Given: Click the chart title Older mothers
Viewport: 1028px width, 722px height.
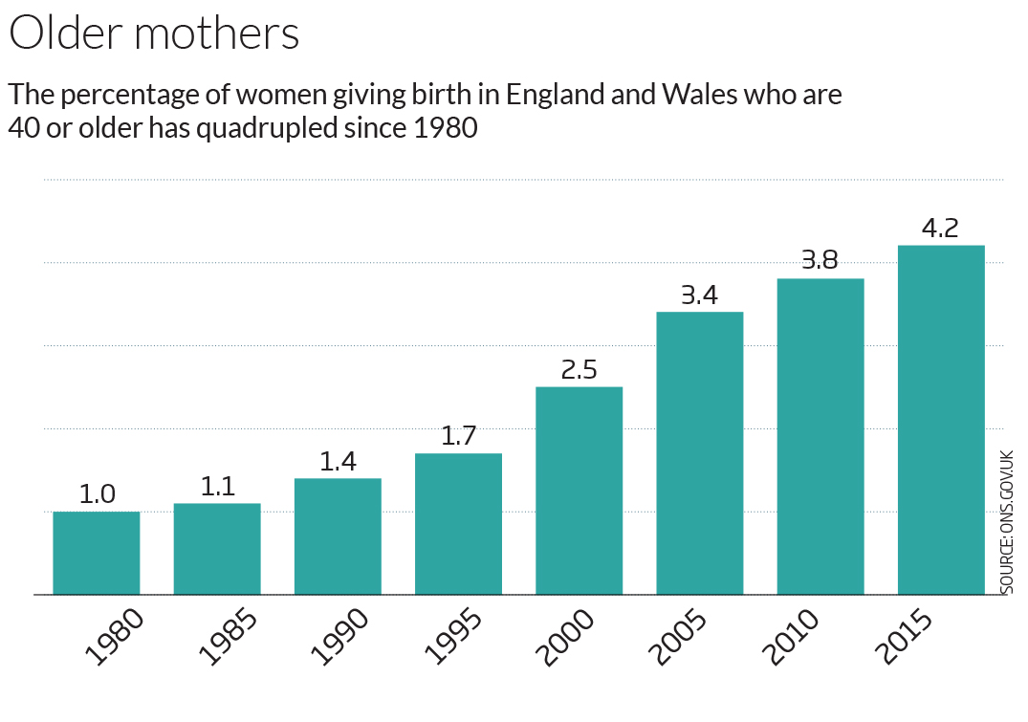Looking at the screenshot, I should (x=154, y=33).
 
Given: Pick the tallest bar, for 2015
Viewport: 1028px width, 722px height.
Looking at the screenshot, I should (x=941, y=420).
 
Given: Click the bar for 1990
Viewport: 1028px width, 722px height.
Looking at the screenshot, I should (x=338, y=536).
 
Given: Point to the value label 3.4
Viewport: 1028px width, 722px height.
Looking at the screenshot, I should (x=699, y=295).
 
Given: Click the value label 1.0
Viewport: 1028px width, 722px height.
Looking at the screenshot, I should (x=96, y=494).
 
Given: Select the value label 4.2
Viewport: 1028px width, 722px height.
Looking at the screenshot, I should (x=941, y=229).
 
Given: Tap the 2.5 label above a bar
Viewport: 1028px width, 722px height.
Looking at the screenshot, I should (x=579, y=370).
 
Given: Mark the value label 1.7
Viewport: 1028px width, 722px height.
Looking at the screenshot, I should (x=458, y=437).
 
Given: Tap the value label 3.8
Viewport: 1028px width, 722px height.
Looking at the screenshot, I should (x=820, y=262).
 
